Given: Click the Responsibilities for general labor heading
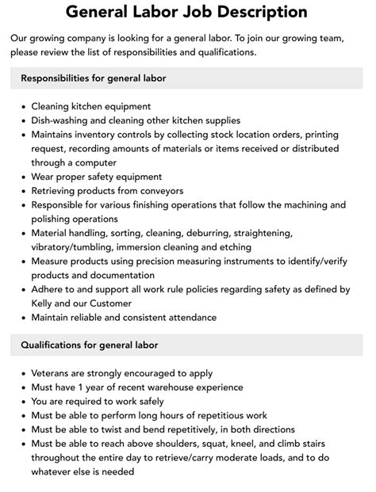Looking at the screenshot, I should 94,78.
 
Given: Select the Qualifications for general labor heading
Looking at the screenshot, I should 90,345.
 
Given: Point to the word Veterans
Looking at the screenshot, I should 55,372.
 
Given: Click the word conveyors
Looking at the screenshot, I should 159,191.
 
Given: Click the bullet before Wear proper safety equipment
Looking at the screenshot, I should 22,177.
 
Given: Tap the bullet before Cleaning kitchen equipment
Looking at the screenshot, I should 22,105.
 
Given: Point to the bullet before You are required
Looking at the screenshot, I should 22,401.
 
